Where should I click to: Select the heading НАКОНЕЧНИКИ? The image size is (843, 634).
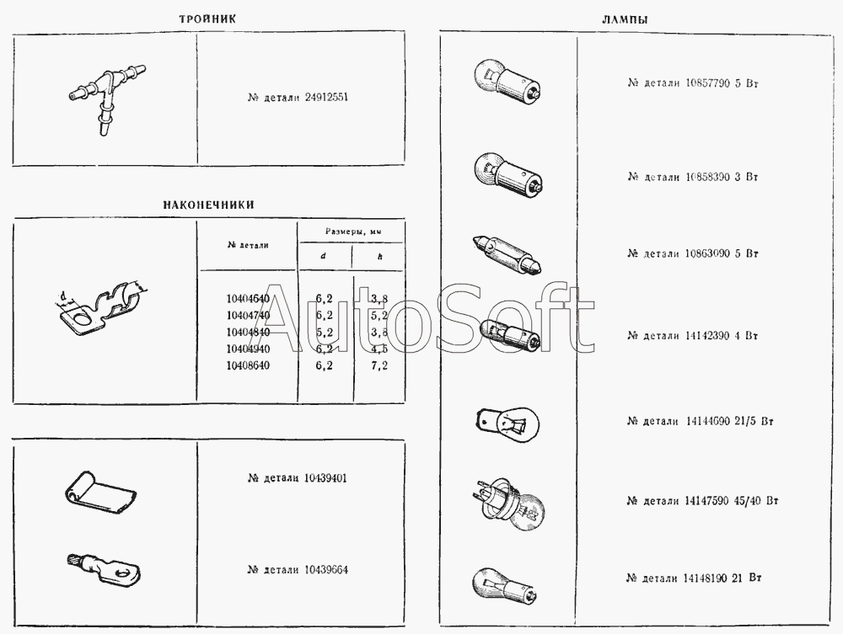point(208,205)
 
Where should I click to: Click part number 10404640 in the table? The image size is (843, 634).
point(248,299)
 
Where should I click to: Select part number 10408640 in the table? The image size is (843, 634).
point(248,366)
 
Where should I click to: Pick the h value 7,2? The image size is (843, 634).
point(379,366)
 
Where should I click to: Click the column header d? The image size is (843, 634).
point(324,257)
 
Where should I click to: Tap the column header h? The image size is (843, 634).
point(380,257)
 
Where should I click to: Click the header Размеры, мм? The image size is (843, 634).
point(352,231)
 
